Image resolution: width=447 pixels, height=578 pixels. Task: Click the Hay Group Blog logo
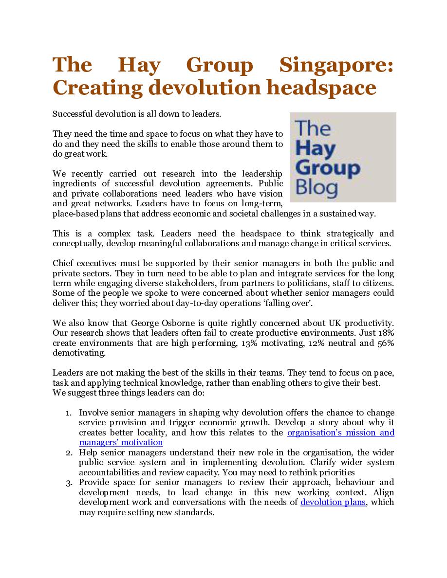pyautogui.click(x=343, y=157)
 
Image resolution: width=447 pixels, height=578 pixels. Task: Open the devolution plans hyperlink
pyautogui.click(x=333, y=502)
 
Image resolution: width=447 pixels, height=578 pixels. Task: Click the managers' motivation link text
pyautogui.click(x=121, y=442)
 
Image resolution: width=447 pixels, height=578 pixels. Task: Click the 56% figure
pyautogui.click(x=385, y=343)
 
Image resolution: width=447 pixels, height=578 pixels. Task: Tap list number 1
pyautogui.click(x=69, y=413)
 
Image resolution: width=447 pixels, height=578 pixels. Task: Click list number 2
pyautogui.click(x=69, y=452)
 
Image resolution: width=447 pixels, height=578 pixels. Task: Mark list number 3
pyautogui.click(x=69, y=483)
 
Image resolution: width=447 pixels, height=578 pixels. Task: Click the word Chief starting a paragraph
pyautogui.click(x=63, y=264)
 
